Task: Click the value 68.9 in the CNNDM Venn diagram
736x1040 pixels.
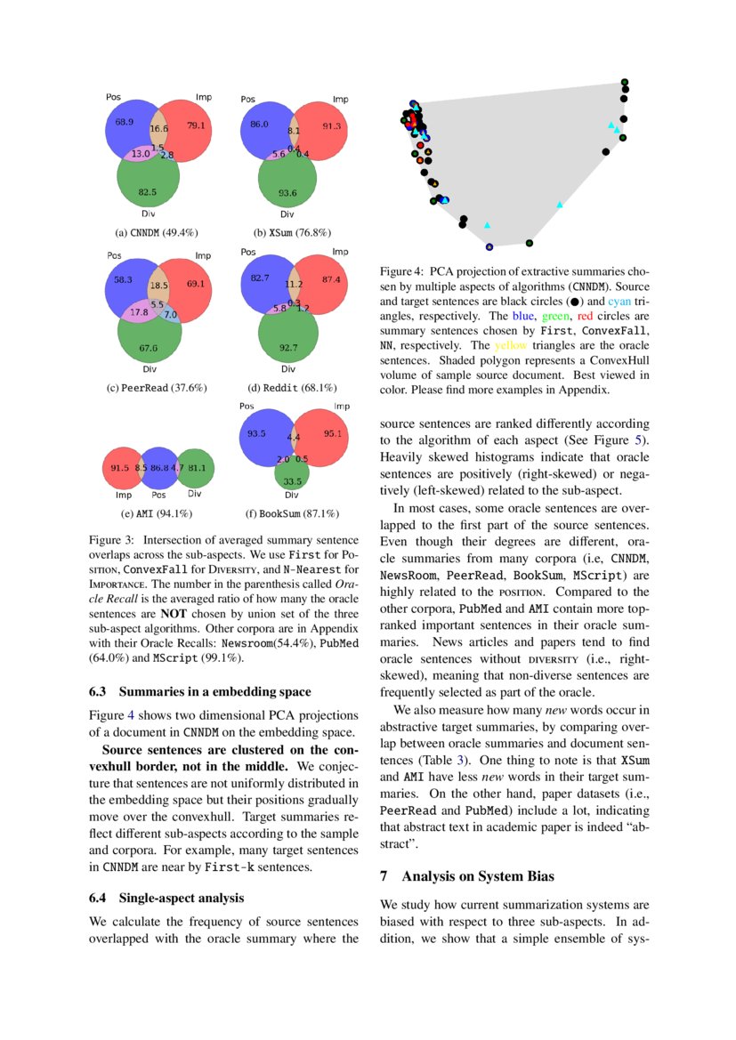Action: (124, 122)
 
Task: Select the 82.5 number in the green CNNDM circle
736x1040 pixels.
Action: (148, 191)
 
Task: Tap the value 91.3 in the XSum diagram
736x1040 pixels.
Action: (331, 126)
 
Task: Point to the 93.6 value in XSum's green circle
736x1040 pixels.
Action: (287, 193)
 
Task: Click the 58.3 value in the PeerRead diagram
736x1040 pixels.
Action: (124, 279)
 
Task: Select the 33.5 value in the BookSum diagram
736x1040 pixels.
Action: (292, 481)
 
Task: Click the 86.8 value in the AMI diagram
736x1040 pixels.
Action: (159, 467)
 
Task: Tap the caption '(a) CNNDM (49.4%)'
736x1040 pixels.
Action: (149, 233)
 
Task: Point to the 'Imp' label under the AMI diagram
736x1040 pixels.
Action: (122, 495)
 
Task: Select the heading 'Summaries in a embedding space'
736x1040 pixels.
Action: (214, 690)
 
